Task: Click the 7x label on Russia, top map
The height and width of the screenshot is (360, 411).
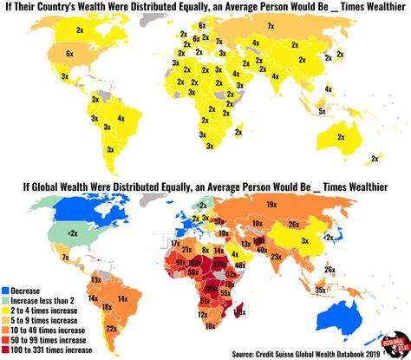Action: [x=270, y=28]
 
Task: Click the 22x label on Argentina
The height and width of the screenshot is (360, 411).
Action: [x=111, y=328]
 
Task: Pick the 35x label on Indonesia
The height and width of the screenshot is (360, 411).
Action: [x=321, y=290]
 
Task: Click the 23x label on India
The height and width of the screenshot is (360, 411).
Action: [x=275, y=256]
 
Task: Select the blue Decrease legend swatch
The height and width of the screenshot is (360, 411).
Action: [x=6, y=288]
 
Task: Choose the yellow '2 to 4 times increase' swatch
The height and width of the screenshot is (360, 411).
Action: [x=6, y=308]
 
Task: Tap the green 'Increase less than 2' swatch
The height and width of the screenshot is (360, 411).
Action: [x=6, y=298]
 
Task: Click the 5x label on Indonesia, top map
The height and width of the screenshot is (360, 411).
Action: [x=321, y=110]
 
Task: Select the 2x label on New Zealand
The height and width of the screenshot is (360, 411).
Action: [x=375, y=159]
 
